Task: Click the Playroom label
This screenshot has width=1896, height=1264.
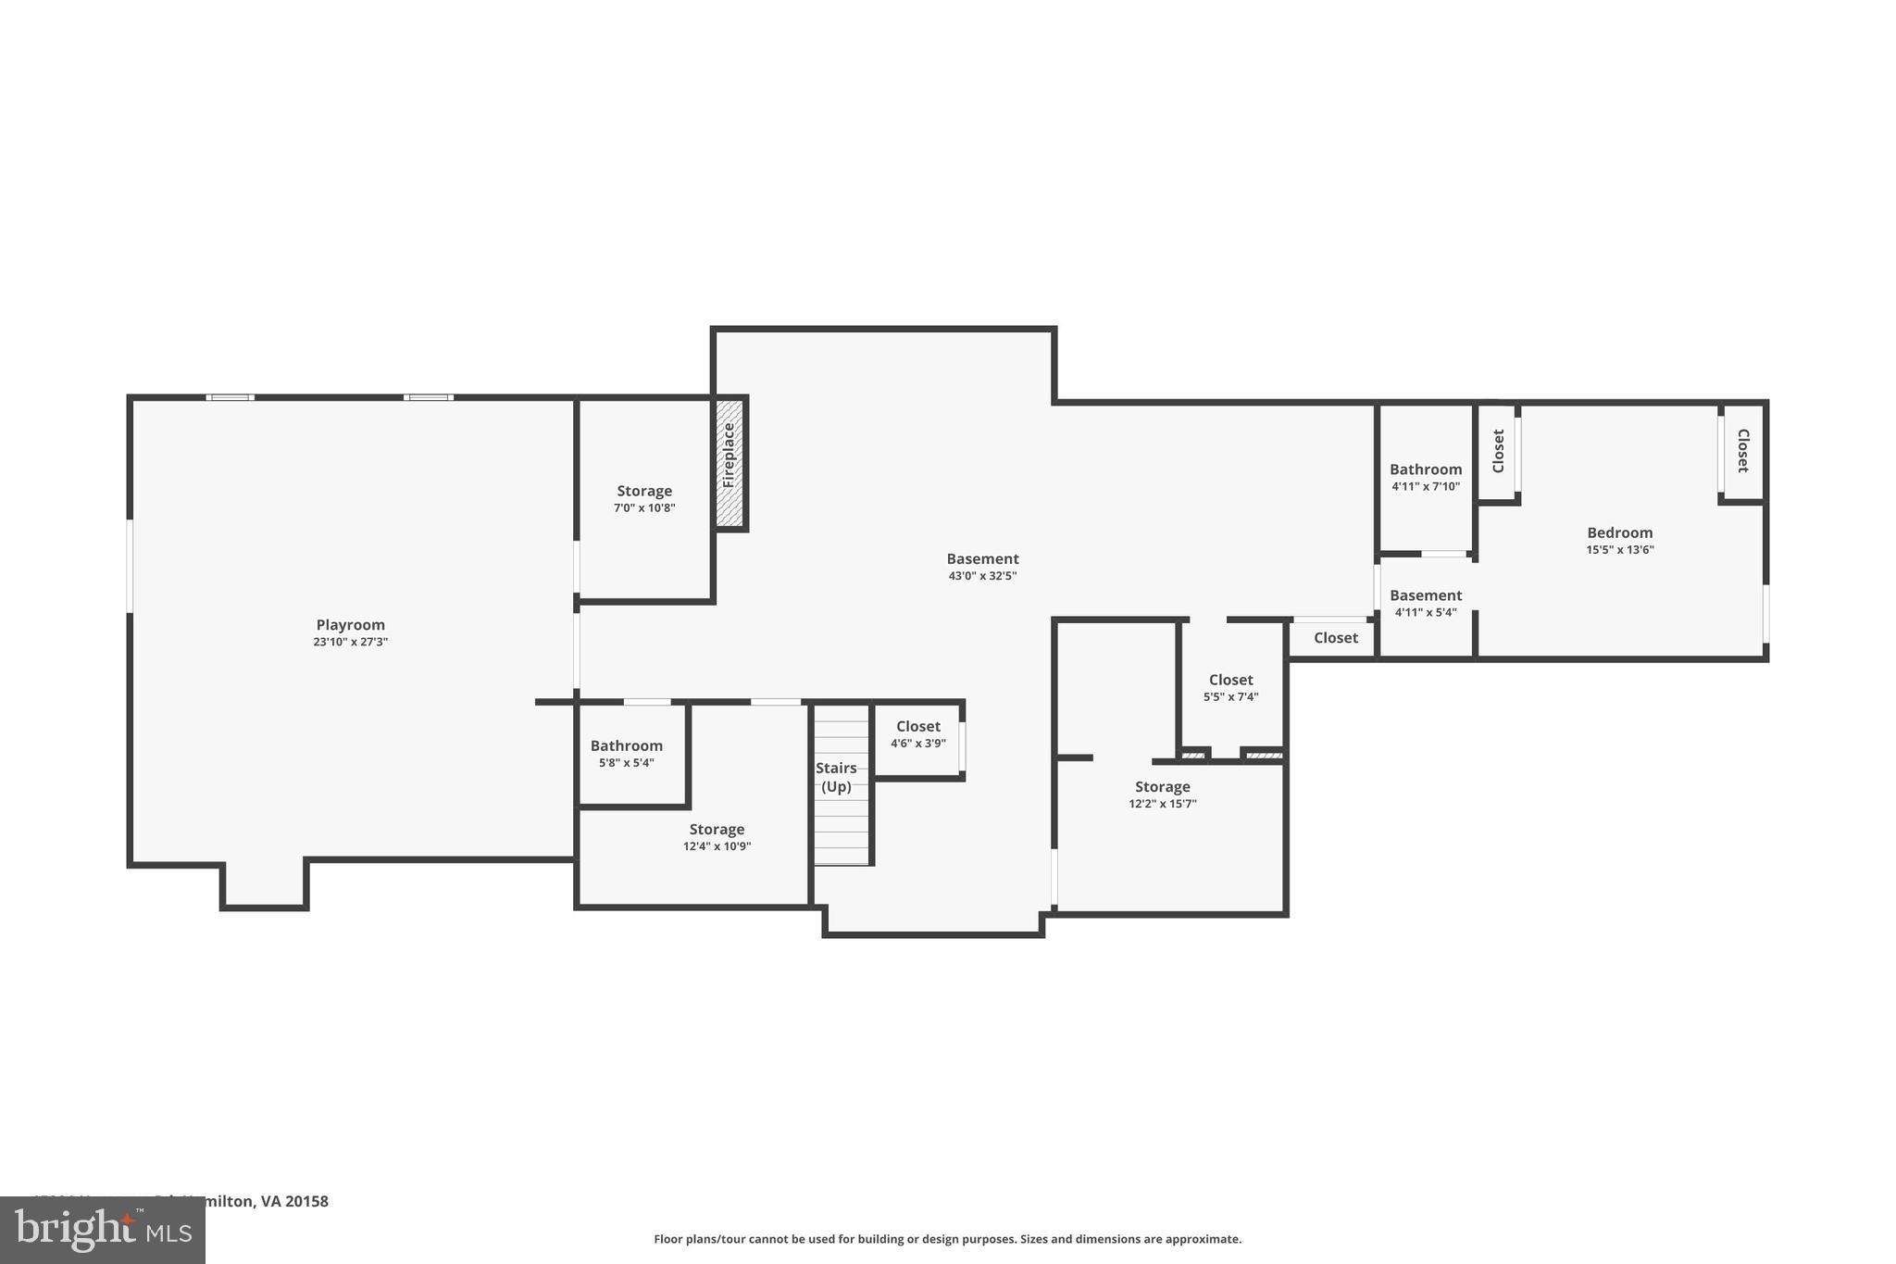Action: pos(350,625)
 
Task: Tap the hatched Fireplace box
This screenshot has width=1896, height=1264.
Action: pos(730,463)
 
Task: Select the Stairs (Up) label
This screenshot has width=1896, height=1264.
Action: pos(836,777)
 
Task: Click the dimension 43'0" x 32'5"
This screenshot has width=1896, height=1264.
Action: pos(982,576)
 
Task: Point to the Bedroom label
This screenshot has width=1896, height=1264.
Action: pos(1619,532)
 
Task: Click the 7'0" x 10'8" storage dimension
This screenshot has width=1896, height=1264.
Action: pos(644,508)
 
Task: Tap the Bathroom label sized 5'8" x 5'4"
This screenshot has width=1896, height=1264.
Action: pos(627,745)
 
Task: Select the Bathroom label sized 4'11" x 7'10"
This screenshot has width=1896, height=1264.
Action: pos(1426,469)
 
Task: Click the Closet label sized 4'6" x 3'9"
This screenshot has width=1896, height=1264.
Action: pos(917,727)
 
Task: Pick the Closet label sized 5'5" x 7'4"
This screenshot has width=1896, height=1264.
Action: pos(1230,680)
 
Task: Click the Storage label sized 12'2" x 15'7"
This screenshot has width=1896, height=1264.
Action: pos(1162,787)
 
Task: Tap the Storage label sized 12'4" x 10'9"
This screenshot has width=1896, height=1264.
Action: pos(717,830)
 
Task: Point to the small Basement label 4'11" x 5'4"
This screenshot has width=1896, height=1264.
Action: pos(1426,595)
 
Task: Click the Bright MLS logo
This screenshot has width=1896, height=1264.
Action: pos(103,1230)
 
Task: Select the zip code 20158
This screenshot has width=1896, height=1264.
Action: pos(306,1201)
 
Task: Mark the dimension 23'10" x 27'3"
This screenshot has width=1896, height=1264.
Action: pos(350,642)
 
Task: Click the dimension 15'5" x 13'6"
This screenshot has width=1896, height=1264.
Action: pos(1619,550)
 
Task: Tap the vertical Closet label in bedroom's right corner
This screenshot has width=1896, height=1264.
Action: pos(1742,451)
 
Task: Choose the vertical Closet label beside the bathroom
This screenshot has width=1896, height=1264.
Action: pos(1498,451)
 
